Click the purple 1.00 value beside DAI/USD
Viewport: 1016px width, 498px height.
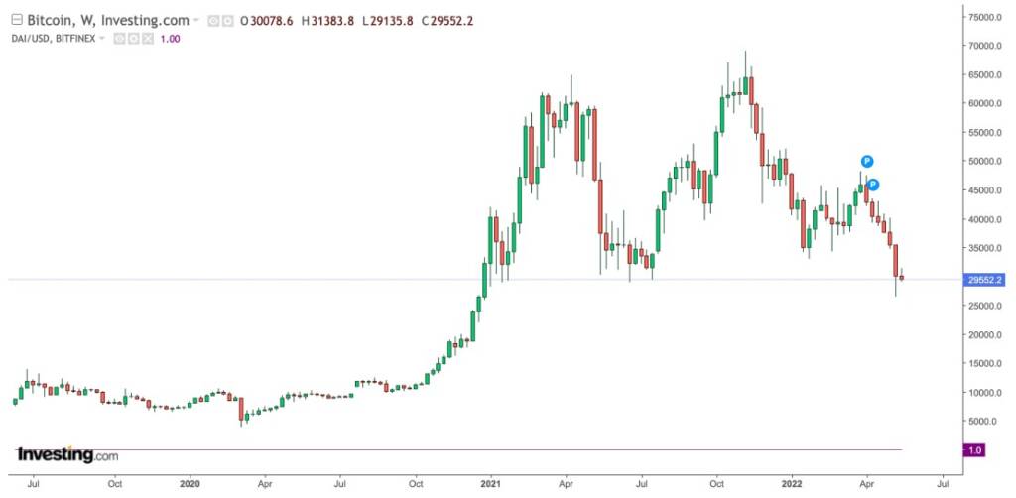172,38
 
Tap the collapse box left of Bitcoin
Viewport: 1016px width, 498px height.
13,20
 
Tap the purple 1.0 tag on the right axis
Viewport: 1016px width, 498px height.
974,450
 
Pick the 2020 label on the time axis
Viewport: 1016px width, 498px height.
190,485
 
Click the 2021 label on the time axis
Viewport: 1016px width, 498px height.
489,485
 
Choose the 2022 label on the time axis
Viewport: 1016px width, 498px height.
792,485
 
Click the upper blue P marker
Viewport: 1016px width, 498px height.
867,161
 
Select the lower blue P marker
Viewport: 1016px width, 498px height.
874,184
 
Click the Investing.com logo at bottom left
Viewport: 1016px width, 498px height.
67,455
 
